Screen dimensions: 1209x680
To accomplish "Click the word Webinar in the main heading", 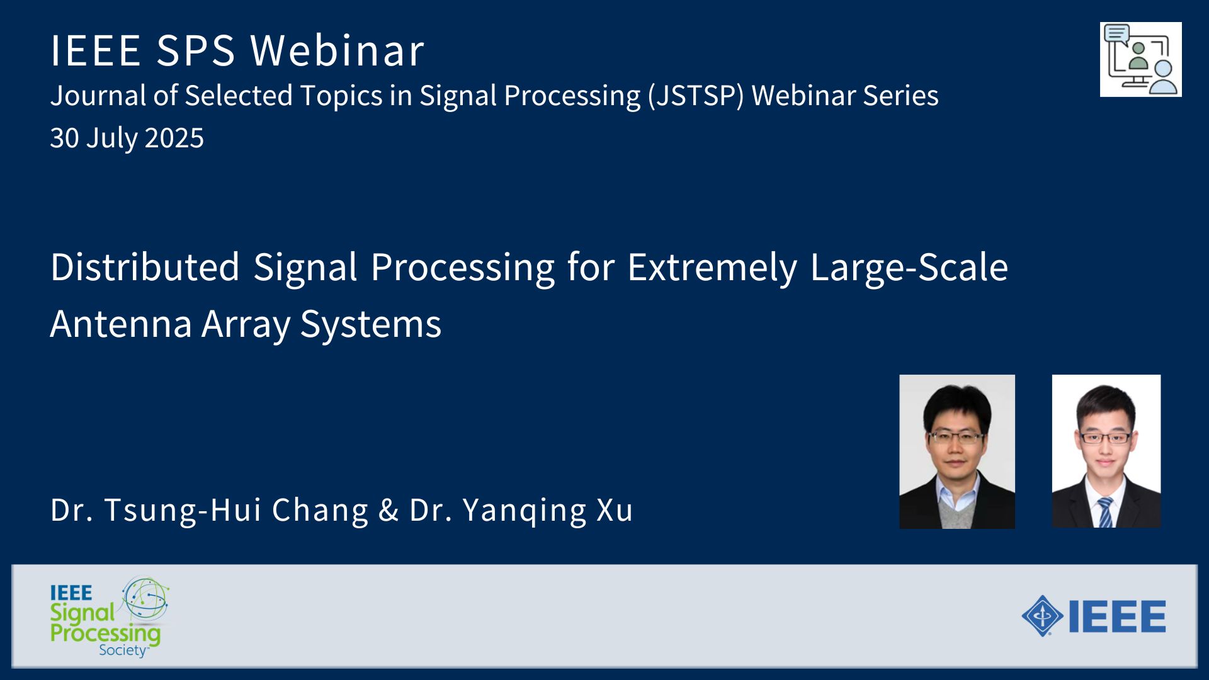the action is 337,50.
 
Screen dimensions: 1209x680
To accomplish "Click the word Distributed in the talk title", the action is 145,267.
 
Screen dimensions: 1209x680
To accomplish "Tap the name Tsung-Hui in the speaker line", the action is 183,509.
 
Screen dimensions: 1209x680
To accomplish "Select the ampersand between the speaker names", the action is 389,510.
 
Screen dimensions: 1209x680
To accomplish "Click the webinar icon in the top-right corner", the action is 1140,59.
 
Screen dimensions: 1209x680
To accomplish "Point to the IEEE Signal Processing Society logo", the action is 110,617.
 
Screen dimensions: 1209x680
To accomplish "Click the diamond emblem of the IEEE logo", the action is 1042,616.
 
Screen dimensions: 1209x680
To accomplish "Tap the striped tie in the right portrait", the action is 1105,512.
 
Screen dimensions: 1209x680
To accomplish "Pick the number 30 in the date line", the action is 64,138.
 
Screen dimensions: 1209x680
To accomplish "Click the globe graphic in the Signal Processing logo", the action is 145,598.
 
